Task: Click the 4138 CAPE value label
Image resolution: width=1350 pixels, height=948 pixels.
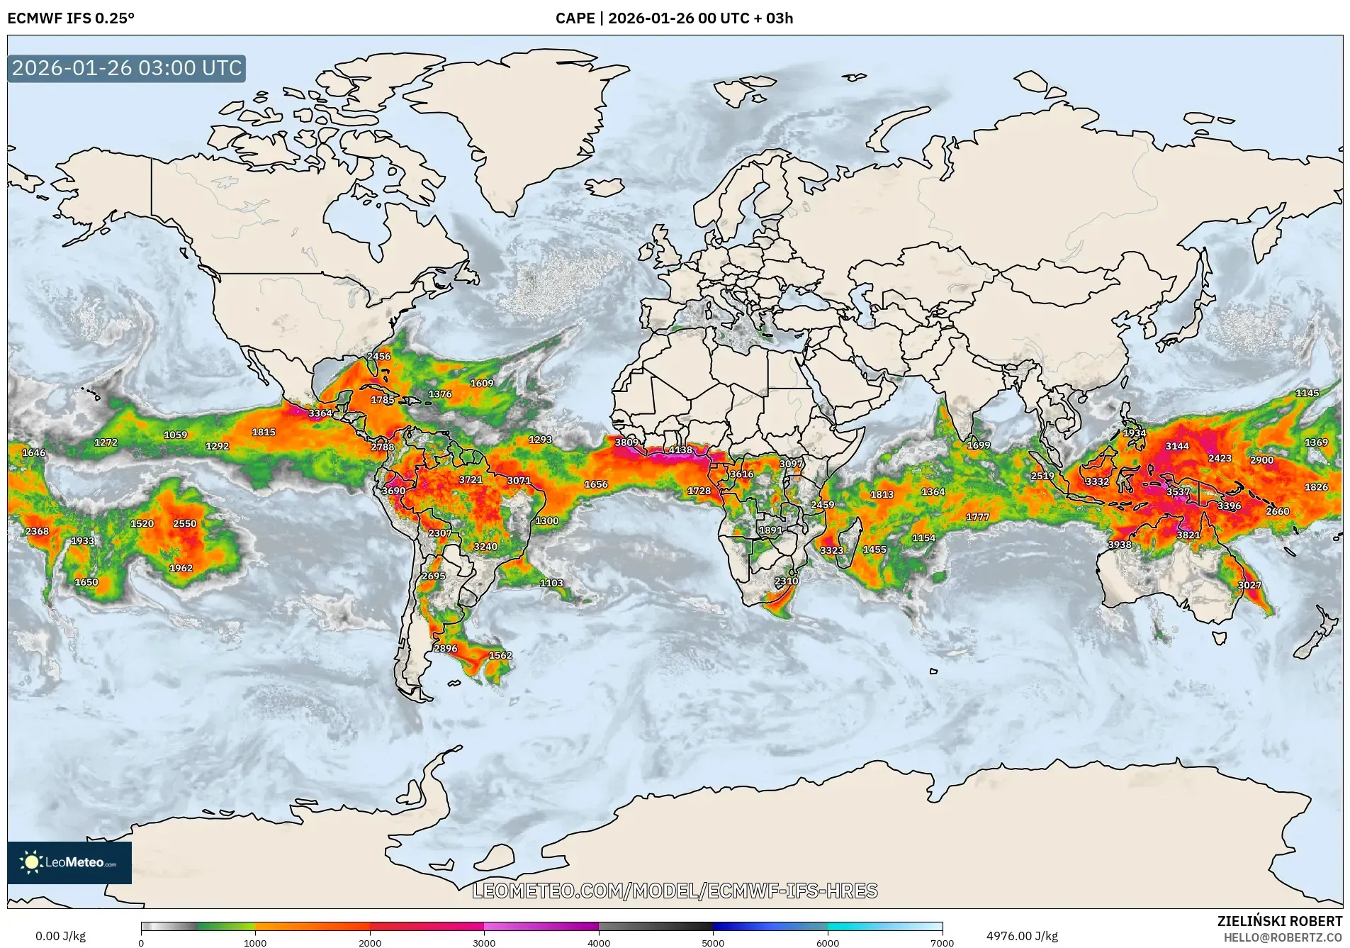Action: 680,450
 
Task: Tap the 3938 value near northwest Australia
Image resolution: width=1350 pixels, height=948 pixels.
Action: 1120,545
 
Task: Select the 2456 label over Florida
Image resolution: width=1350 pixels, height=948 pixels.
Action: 378,357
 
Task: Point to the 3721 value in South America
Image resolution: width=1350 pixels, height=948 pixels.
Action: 470,480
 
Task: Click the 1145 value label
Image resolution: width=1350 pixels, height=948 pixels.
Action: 1307,393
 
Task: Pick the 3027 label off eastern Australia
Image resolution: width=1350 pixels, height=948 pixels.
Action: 1249,585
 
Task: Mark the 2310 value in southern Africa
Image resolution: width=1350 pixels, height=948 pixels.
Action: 787,581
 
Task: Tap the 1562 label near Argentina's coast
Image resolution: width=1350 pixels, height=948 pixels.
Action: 500,655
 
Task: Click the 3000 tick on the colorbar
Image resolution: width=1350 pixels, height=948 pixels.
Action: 484,942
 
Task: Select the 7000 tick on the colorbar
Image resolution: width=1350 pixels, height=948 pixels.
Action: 942,942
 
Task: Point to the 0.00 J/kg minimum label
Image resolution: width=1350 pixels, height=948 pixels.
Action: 60,936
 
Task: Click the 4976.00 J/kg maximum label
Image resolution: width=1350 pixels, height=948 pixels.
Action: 1022,936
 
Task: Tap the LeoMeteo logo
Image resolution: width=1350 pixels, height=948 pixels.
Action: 69,862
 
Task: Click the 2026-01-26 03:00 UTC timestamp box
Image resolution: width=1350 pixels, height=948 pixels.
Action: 127,68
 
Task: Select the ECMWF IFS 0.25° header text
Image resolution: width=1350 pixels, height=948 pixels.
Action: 71,18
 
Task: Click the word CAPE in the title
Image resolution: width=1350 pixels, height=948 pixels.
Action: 575,18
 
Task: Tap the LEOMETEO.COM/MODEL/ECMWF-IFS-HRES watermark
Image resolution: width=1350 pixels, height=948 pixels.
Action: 675,891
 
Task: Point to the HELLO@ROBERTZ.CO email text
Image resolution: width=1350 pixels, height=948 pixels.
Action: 1283,937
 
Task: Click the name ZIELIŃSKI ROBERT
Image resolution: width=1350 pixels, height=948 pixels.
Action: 1279,921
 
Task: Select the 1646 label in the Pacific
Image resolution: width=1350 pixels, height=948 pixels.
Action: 33,452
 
